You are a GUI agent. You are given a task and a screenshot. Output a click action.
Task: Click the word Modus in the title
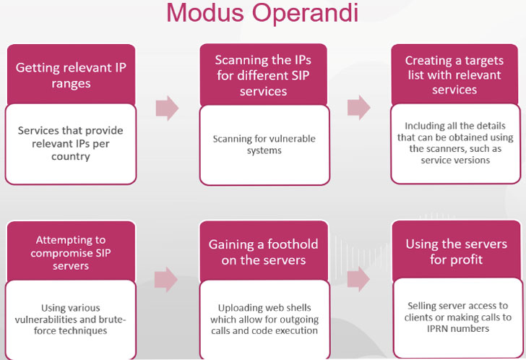pos(205,13)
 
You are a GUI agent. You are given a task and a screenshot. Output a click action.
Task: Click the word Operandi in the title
pos(305,13)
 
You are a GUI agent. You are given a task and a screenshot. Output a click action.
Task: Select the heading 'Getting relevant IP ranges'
pos(71,75)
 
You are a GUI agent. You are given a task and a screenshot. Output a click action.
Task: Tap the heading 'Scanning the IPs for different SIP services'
pos(263,75)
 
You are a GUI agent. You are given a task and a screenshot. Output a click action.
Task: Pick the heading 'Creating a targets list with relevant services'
pos(454,75)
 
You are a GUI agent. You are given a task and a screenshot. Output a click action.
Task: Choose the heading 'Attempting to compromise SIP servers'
pos(71,252)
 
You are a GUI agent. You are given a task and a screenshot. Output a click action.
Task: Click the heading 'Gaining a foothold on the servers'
pos(263,252)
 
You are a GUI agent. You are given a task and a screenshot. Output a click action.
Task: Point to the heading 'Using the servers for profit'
pos(456,252)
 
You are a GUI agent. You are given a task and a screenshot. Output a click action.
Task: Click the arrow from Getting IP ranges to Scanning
pos(167,108)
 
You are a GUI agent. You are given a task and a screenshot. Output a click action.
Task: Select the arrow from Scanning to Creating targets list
pos(358,108)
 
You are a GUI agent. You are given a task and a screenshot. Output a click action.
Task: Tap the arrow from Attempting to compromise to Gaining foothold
pos(166,280)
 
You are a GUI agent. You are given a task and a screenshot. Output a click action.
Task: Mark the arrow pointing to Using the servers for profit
pos(358,279)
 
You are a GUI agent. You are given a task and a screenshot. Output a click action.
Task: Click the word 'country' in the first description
pos(71,157)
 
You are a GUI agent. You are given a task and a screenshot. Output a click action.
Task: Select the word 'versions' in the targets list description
pos(471,160)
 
